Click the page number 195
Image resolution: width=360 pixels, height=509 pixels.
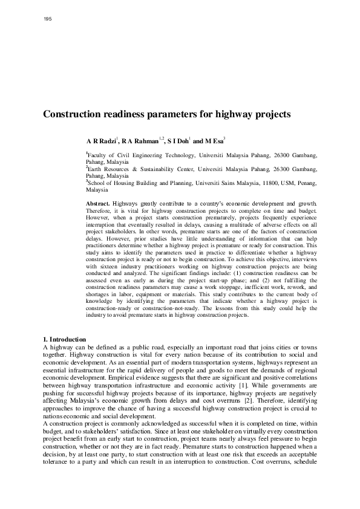point(48,19)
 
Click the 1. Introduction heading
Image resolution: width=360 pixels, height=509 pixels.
point(65,339)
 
